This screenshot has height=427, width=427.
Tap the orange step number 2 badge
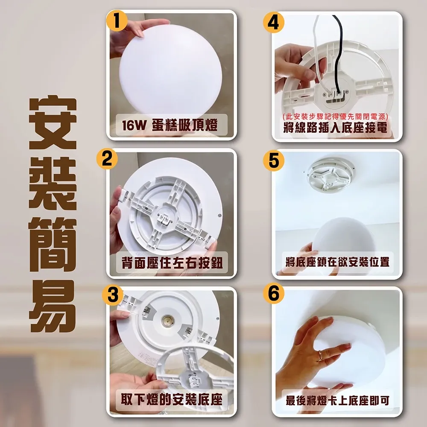click(x=107, y=158)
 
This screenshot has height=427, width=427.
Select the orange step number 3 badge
click(x=112, y=295)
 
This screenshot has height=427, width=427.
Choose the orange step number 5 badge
click(x=274, y=159)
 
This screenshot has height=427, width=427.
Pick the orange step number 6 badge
click(x=274, y=294)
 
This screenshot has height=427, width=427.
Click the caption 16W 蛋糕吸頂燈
click(x=170, y=126)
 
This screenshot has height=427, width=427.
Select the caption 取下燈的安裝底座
click(x=172, y=400)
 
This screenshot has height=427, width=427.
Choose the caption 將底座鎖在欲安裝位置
click(x=337, y=261)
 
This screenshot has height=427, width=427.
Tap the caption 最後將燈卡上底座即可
click(x=337, y=401)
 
